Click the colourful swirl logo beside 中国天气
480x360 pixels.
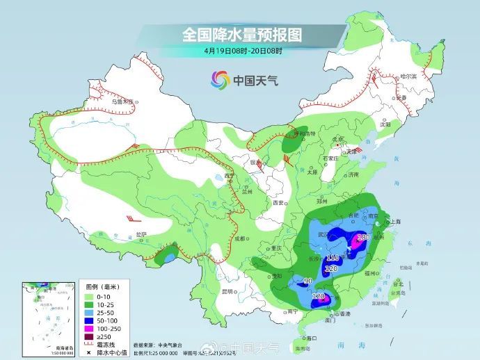click(217, 81)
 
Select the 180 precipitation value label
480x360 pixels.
click(362, 238)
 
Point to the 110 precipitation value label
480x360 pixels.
click(332, 259)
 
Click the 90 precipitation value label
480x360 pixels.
click(309, 281)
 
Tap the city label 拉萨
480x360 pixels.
click(141, 234)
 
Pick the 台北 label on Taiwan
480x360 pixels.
click(398, 284)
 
